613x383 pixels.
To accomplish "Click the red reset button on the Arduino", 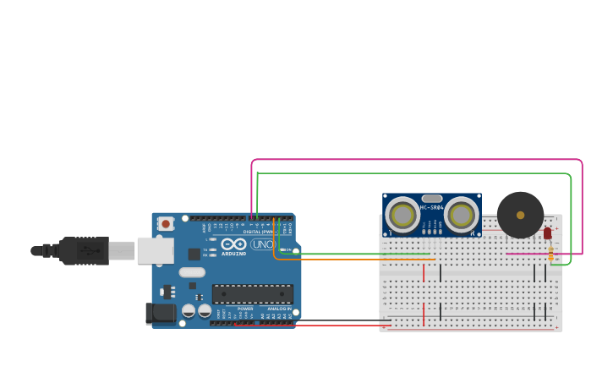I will [x=166, y=224].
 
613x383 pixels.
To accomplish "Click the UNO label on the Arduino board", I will [x=262, y=244].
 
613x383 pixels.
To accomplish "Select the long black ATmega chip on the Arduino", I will [x=253, y=294].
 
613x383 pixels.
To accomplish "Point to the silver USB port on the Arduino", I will [x=155, y=250].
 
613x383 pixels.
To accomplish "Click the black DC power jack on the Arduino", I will [x=161, y=314].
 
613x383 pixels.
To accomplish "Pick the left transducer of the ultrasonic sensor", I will [x=402, y=215].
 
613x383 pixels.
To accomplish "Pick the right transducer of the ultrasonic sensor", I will [x=461, y=215].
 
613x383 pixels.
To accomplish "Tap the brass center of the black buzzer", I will [x=520, y=215].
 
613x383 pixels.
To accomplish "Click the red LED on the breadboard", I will [x=547, y=233].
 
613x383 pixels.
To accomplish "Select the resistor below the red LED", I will [x=550, y=250].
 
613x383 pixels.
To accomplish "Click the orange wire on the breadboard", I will [x=355, y=259].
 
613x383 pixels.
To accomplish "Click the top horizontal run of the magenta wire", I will [x=414, y=159].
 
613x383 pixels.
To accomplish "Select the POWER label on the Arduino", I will [x=245, y=309].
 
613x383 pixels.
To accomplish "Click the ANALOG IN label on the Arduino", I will [x=280, y=309].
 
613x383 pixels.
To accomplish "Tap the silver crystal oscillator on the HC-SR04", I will [x=432, y=198].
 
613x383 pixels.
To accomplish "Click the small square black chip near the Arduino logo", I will [x=194, y=253].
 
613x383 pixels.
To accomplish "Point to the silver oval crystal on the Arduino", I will [x=192, y=272].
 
